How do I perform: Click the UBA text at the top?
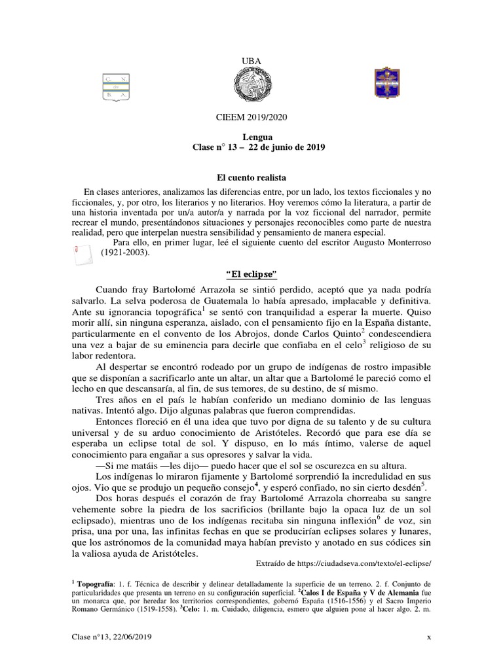click(251, 61)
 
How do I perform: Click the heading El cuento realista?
click(251, 177)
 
